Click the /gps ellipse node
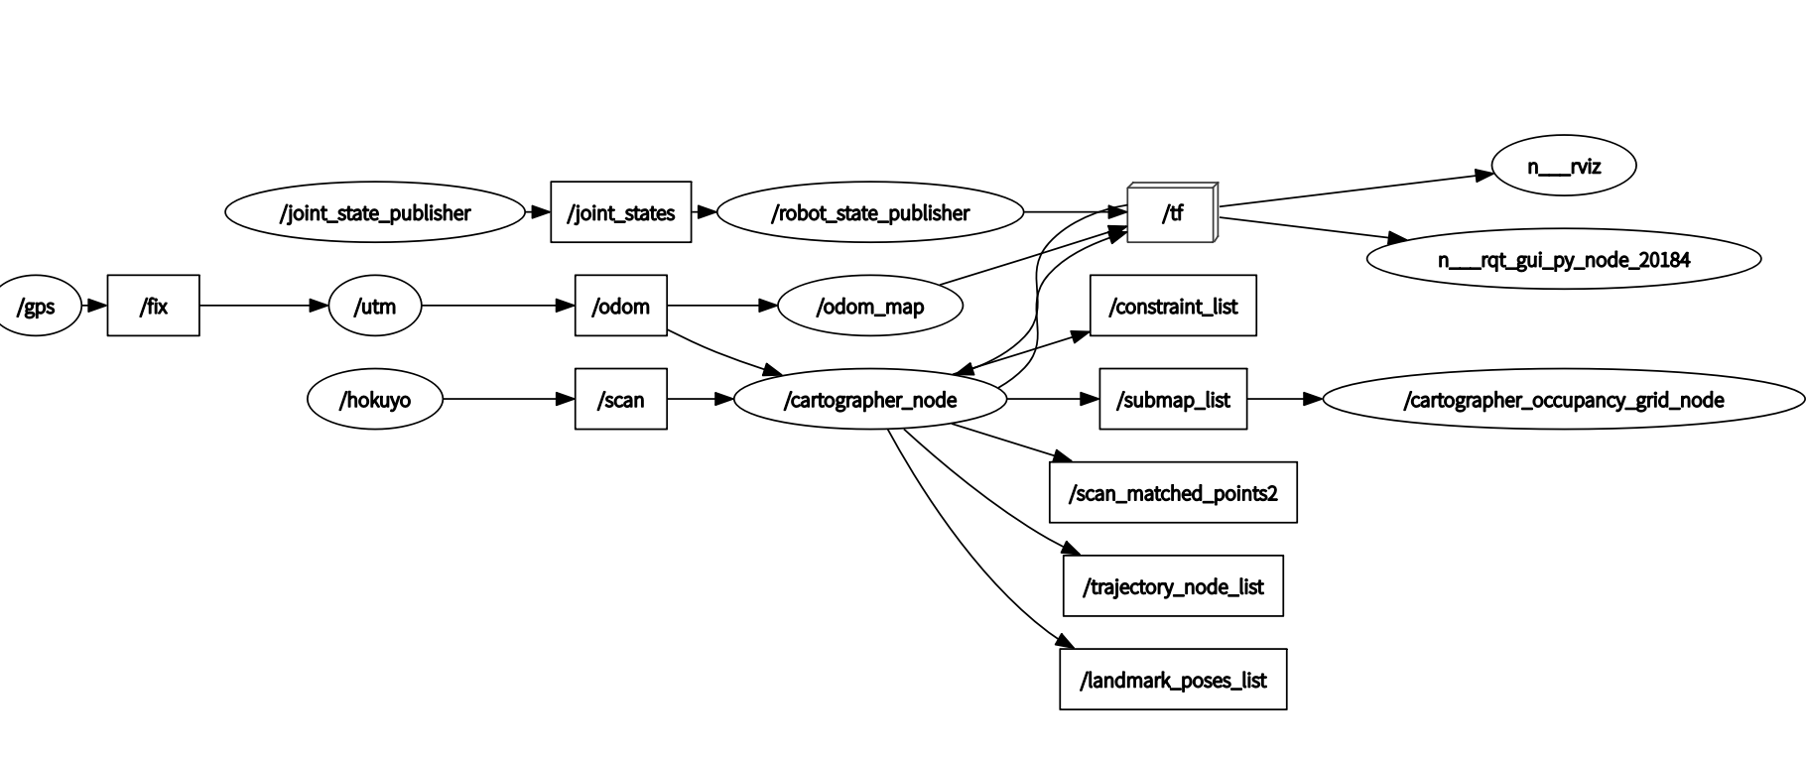pos(36,306)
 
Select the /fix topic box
pos(153,306)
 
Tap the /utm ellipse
pos(375,306)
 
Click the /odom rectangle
pos(620,306)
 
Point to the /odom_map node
pos(869,306)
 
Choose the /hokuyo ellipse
pos(375,399)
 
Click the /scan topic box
pos(620,399)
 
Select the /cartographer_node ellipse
pos(869,399)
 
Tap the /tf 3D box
pos(1171,212)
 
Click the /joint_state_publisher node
pos(375,212)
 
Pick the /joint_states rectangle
pos(620,212)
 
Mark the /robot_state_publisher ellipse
pos(869,212)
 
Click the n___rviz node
pos(1564,166)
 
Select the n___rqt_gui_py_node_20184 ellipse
pos(1564,259)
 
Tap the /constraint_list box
pos(1173,306)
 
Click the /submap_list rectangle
pos(1173,399)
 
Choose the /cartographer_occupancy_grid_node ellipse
pos(1564,399)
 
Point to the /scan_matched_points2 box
pos(1173,492)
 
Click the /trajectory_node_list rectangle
pos(1173,585)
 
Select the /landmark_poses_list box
pos(1173,680)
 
